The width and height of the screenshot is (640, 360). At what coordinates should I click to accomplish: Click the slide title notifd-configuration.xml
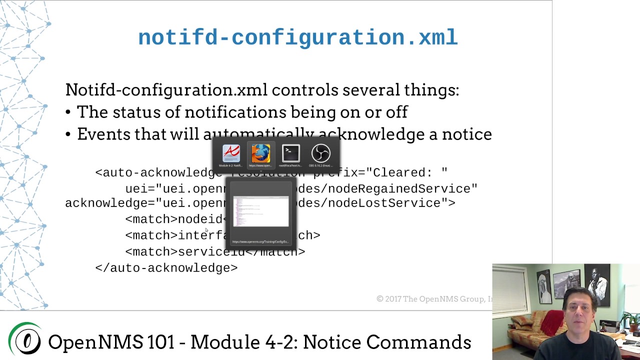(297, 38)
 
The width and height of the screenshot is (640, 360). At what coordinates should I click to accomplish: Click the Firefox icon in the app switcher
(260, 154)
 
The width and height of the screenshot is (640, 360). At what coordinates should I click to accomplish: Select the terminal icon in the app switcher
(290, 154)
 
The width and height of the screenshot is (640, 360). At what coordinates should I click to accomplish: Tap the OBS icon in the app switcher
(320, 154)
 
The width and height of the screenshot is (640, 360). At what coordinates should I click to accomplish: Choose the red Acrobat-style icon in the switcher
(231, 154)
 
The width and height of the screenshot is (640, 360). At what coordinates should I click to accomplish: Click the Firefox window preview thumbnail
(260, 211)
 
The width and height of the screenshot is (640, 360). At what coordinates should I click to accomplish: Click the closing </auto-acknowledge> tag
(166, 268)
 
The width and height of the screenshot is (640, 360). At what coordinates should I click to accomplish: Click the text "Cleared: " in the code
(407, 173)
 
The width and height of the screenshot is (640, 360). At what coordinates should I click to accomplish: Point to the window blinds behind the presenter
(509, 290)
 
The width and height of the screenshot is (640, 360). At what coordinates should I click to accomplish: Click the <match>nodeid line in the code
(175, 219)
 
